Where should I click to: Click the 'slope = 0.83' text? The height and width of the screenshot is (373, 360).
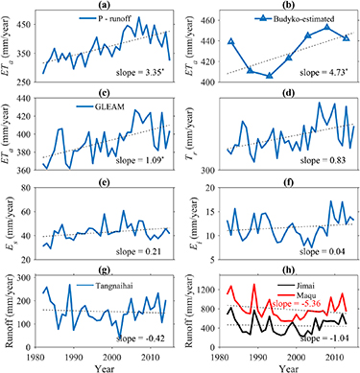(x=327, y=157)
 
